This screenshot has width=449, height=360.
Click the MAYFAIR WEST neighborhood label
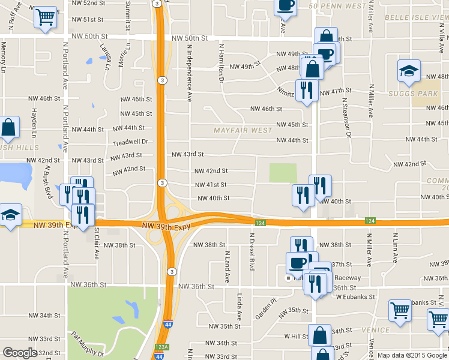coord(243,130)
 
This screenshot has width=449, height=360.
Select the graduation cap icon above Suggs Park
coord(409,71)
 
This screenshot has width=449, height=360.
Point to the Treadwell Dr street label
coord(130,143)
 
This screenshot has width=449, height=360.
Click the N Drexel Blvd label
coord(245,251)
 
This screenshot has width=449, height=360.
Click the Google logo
coord(20,353)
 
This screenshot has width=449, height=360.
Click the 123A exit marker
coord(160,346)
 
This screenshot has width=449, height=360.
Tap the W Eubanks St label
coord(355,296)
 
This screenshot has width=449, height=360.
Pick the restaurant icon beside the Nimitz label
coord(306,90)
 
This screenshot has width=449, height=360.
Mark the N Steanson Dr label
coord(345,117)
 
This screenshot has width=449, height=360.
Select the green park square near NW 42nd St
coord(283,173)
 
